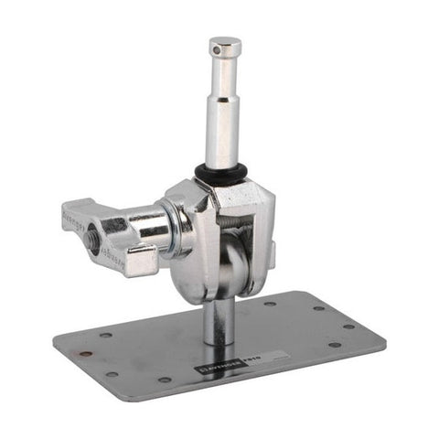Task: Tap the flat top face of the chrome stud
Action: (x=224, y=42)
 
